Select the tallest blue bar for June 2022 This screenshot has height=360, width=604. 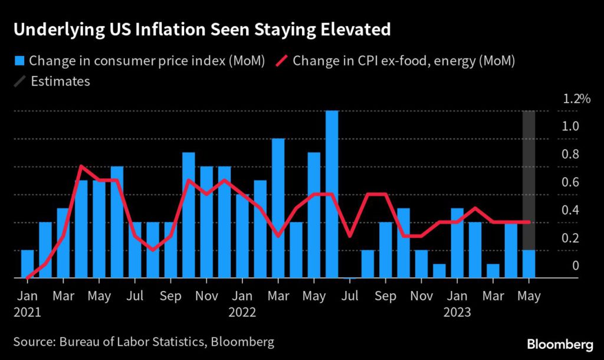click(x=331, y=194)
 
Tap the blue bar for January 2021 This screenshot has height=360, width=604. click(x=27, y=264)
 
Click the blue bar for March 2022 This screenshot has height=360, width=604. click(x=278, y=208)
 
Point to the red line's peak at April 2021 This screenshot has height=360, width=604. click(x=81, y=166)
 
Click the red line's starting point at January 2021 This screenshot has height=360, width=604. click(x=27, y=277)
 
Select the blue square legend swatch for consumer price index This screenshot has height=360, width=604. click(x=19, y=60)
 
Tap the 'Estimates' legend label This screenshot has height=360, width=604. click(x=60, y=81)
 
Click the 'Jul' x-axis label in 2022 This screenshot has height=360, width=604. click(x=350, y=295)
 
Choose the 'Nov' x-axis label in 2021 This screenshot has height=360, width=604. click(x=206, y=295)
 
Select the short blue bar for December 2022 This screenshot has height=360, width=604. click(x=439, y=271)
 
